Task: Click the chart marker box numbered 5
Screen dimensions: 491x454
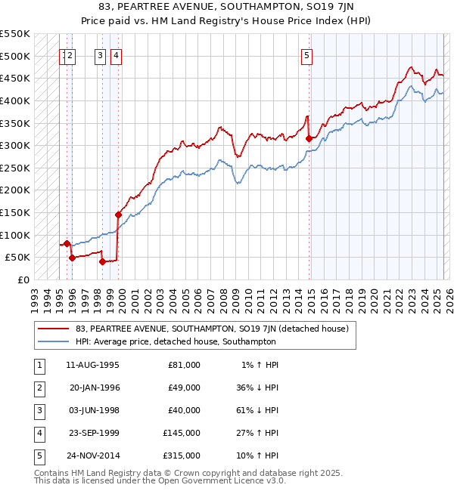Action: [306, 54]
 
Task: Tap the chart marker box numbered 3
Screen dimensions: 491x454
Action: [100, 54]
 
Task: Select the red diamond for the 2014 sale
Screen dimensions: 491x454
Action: [309, 138]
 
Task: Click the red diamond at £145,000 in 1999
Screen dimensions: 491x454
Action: [118, 215]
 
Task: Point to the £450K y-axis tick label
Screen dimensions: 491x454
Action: [15, 78]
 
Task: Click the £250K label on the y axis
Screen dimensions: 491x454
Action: [15, 168]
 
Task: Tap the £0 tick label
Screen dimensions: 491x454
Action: [23, 279]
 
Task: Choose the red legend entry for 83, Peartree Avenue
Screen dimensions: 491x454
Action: [211, 329]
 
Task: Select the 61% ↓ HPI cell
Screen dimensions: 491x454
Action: [257, 411]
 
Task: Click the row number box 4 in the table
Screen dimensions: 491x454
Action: [38, 434]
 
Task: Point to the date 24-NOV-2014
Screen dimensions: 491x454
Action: [93, 456]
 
